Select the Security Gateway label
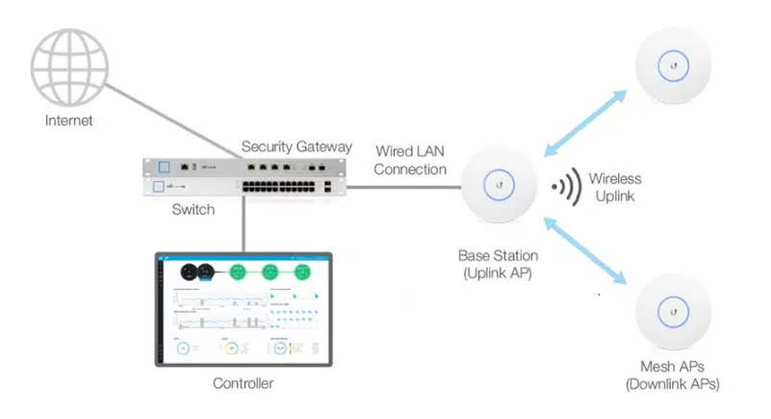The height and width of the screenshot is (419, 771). [x=296, y=146]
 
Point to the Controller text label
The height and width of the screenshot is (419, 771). [x=243, y=383]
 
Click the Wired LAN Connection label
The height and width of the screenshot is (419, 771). [x=409, y=160]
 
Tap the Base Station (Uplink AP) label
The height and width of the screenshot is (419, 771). [x=498, y=264]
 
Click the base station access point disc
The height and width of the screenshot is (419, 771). [x=498, y=183]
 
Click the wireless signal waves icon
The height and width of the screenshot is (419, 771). [x=563, y=187]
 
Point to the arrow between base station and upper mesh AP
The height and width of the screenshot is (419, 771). [x=586, y=122]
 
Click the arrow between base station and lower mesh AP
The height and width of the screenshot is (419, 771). [x=586, y=252]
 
